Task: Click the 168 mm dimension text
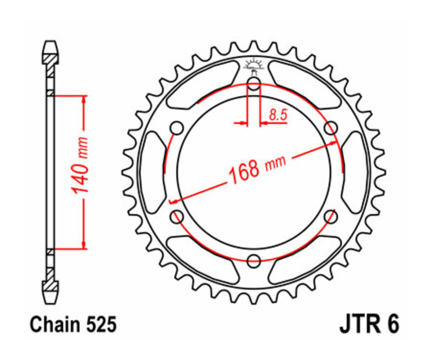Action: [257, 169]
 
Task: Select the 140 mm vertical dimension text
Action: [80, 165]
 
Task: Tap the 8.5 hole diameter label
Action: [277, 114]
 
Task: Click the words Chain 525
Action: [73, 325]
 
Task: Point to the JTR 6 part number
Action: [368, 325]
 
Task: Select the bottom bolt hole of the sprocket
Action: [254, 261]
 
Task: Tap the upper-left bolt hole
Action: [177, 128]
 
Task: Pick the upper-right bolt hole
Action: [330, 128]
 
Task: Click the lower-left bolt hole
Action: [177, 216]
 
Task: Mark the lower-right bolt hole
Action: [330, 216]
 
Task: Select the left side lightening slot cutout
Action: [153, 172]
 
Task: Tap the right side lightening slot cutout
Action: [355, 172]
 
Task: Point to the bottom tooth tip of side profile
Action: [50, 301]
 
